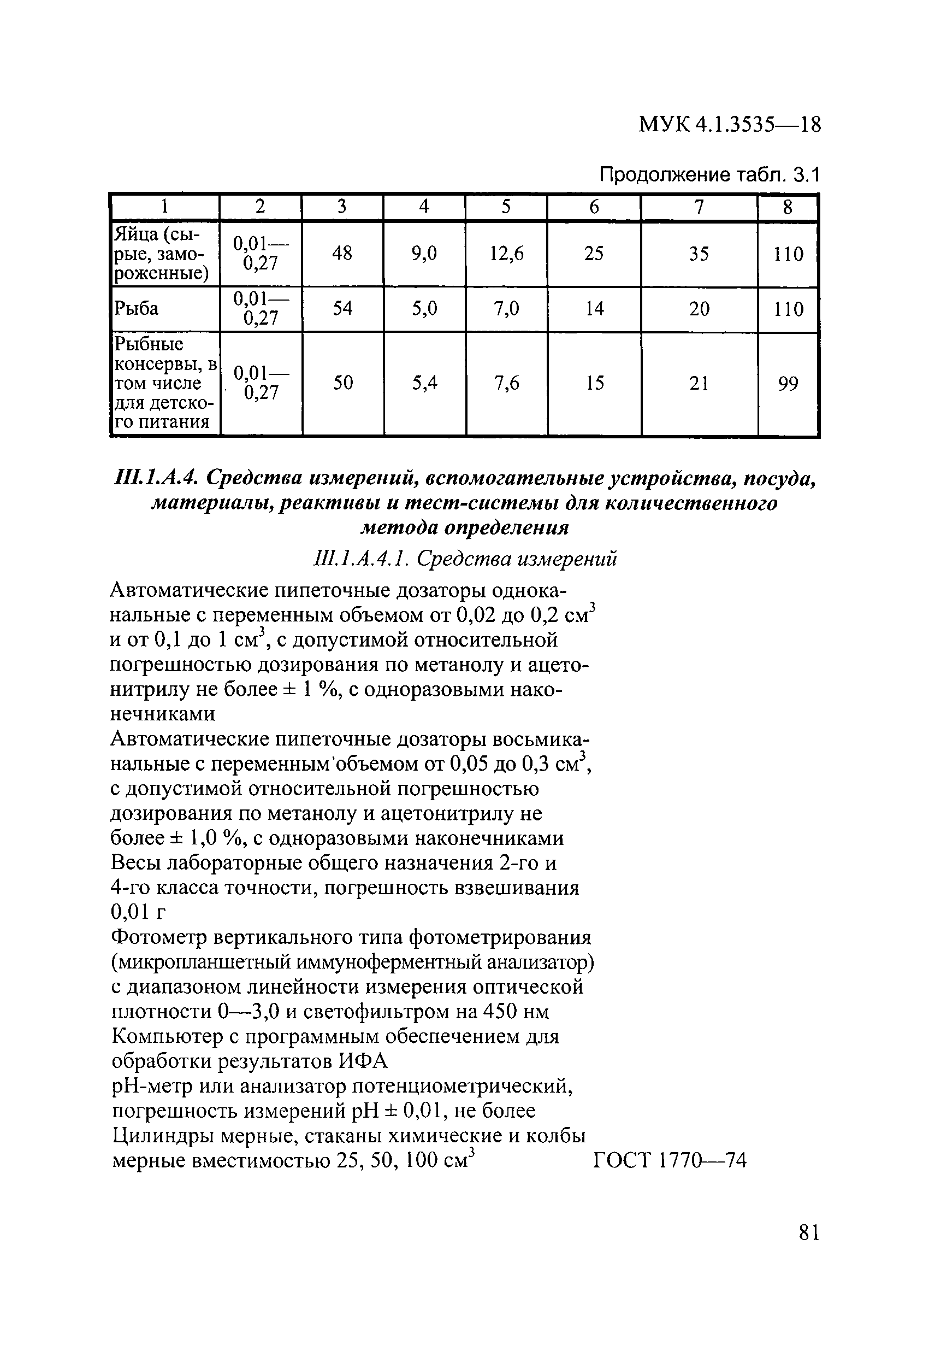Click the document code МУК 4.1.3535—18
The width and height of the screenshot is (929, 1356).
click(x=730, y=125)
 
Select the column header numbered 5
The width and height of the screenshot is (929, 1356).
click(x=506, y=207)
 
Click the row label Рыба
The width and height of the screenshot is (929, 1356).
click(x=136, y=308)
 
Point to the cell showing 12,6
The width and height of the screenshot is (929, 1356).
click(x=506, y=253)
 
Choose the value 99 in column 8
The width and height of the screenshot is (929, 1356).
click(x=788, y=383)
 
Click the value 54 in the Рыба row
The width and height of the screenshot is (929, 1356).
click(x=342, y=308)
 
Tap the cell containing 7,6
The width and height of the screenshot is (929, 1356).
click(x=506, y=383)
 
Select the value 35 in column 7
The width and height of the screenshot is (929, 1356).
click(x=699, y=253)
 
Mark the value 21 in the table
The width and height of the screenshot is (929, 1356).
click(x=699, y=383)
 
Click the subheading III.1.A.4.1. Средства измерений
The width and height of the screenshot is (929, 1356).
click(x=464, y=559)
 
